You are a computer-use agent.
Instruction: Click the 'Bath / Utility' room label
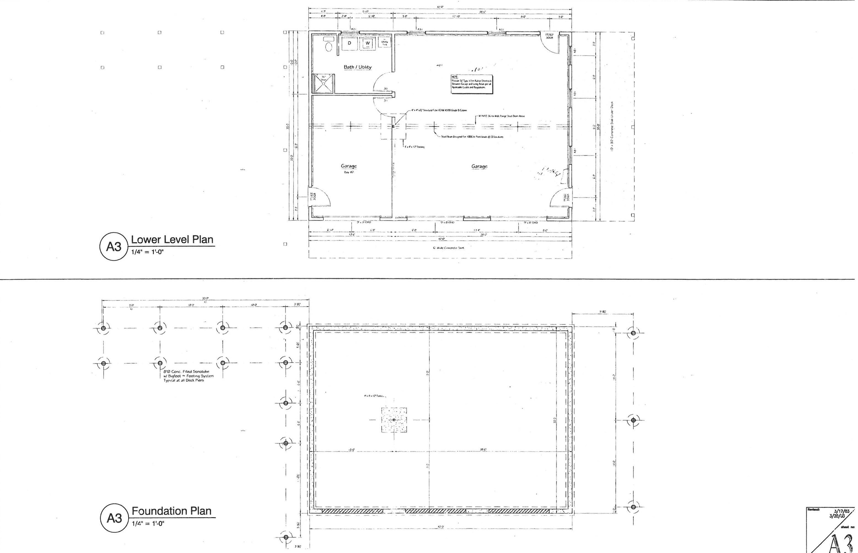[357, 67]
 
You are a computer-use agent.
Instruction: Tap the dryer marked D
[349, 44]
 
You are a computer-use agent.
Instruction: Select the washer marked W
[368, 44]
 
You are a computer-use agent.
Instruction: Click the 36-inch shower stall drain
[323, 83]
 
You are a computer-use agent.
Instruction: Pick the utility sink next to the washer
[384, 42]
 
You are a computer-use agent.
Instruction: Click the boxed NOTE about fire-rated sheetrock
[472, 84]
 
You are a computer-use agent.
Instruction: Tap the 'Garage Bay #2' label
[349, 168]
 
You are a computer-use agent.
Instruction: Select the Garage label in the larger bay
[479, 166]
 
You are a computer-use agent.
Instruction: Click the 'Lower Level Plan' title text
[172, 240]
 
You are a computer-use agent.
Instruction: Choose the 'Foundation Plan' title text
[171, 511]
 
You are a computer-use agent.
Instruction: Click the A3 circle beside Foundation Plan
[114, 518]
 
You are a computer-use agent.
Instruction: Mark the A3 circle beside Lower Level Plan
[114, 247]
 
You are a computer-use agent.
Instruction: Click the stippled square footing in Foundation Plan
[394, 420]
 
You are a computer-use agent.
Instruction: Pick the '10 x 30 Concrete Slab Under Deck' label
[612, 126]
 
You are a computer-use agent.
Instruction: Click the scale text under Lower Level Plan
[147, 252]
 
